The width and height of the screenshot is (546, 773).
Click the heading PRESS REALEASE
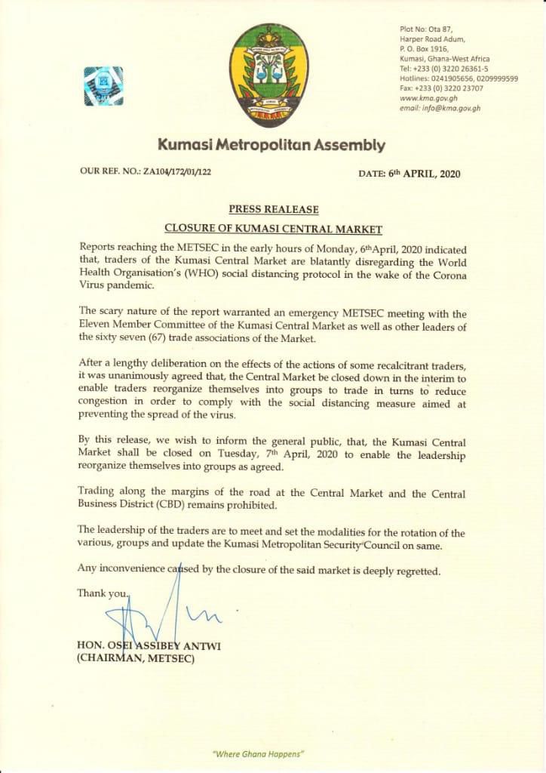point(273,209)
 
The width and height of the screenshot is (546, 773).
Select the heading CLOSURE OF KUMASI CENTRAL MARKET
point(274,228)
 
